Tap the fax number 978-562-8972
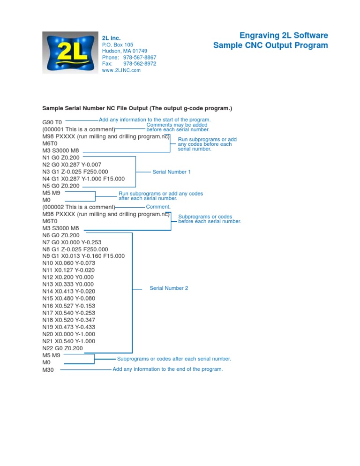[140, 64]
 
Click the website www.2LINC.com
[121, 70]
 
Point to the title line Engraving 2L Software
[284, 36]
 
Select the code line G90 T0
[52, 122]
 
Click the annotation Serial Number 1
[172, 172]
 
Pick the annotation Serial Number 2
[169, 288]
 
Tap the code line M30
[48, 370]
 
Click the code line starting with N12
[68, 277]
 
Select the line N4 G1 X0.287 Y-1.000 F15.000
[83, 179]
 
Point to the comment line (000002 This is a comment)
[79, 207]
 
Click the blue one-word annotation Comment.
[158, 206]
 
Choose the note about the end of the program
[167, 369]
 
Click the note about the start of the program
[155, 120]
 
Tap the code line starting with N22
[62, 348]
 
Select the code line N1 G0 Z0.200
[61, 158]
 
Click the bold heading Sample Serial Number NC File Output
[137, 108]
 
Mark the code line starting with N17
[68, 313]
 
